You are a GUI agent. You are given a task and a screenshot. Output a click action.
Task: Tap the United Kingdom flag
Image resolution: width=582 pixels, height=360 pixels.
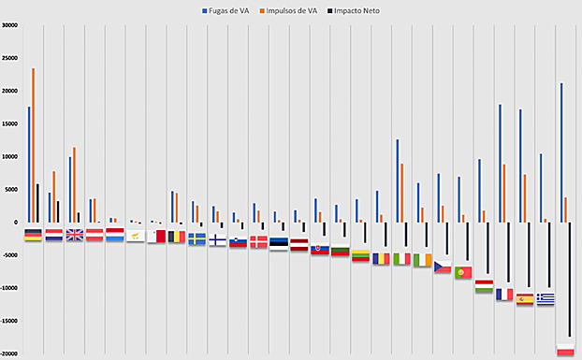(x=75, y=235)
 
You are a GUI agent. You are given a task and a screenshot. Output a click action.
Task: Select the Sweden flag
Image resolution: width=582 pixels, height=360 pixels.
(x=197, y=238)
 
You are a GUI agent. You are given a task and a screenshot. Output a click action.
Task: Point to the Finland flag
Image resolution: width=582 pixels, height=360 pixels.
(x=217, y=239)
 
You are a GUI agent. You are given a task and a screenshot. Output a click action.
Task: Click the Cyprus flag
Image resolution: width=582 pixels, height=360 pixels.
(x=136, y=236)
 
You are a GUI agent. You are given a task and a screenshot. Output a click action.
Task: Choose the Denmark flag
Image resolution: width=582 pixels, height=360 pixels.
(x=258, y=242)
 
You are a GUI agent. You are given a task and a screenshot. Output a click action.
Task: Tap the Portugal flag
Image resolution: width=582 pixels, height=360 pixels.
(x=463, y=272)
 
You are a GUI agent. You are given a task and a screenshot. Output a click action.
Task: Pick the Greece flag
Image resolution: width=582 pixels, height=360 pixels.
(x=546, y=298)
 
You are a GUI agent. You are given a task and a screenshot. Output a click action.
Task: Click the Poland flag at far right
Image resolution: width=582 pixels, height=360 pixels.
(x=565, y=349)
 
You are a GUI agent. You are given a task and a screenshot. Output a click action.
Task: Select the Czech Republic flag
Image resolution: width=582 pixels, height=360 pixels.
(x=443, y=266)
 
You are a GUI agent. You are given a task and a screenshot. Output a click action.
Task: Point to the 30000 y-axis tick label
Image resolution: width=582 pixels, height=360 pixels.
(x=10, y=25)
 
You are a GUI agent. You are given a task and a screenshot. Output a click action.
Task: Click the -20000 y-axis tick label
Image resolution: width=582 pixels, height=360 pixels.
(x=10, y=353)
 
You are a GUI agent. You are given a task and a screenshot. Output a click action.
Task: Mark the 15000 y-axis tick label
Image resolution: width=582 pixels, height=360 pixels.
(x=10, y=123)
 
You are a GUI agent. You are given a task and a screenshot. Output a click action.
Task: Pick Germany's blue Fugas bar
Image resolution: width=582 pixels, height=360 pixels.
(x=29, y=165)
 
